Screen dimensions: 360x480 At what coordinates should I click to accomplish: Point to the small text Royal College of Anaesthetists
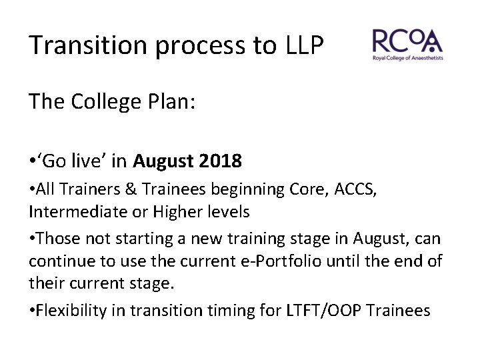tap(407, 59)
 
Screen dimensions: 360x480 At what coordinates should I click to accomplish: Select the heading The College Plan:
tap(111, 102)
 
